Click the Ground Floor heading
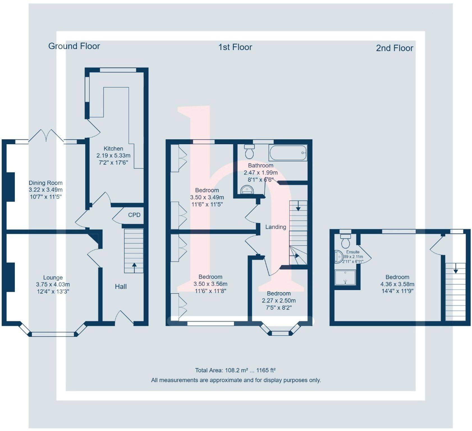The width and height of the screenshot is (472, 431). [74, 46]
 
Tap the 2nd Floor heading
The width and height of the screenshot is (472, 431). [394, 48]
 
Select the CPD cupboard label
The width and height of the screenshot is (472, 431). [134, 215]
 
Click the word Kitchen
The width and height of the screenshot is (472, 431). [113, 149]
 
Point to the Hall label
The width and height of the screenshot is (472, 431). [121, 286]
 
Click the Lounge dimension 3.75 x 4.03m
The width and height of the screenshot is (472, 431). [53, 285]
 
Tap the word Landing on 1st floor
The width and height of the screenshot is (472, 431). [276, 227]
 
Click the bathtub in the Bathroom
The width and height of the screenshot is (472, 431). [288, 153]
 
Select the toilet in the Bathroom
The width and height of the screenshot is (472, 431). [249, 152]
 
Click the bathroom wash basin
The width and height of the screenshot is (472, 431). [247, 190]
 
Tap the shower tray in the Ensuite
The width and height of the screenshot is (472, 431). [345, 277]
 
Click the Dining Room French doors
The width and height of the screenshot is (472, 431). [46, 136]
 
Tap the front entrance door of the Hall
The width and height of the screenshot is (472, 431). [124, 318]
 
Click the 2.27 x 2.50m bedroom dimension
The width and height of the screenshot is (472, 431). [279, 301]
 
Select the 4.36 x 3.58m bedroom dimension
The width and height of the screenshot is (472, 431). [397, 284]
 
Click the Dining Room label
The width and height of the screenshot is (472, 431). [45, 183]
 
